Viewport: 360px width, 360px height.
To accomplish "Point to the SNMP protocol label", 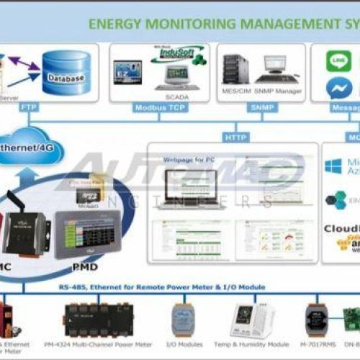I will (256, 107).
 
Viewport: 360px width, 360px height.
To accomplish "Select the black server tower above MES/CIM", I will (233, 69).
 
